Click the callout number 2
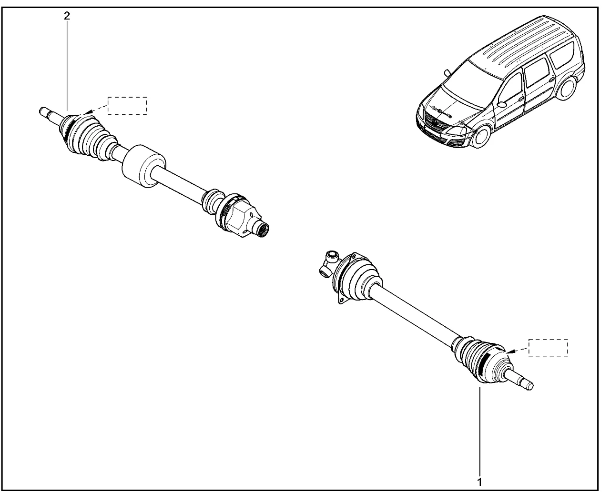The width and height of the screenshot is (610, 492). [x=67, y=16]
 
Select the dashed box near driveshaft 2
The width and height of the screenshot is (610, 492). [x=127, y=106]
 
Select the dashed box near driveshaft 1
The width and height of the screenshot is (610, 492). [x=548, y=348]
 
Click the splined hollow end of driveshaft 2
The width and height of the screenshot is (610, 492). [x=263, y=230]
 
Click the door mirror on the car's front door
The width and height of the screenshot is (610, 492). [x=501, y=104]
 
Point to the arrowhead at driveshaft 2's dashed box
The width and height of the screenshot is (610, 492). [x=89, y=112]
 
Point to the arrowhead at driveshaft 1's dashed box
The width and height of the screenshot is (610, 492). [x=509, y=351]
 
